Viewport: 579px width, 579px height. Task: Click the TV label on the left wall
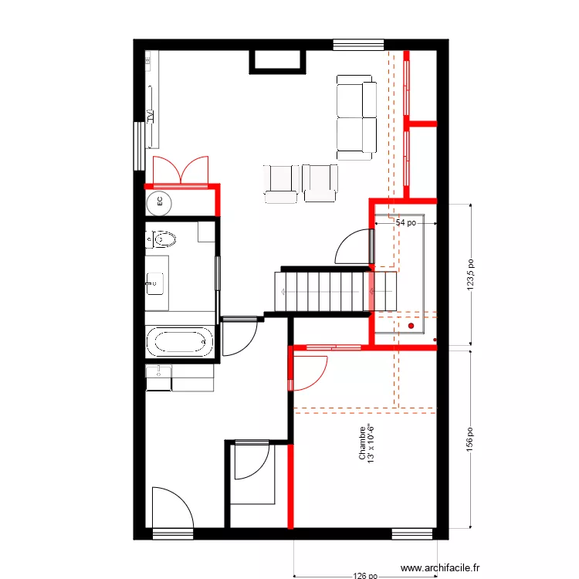(151, 117)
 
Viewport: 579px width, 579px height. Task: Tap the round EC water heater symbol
(160, 202)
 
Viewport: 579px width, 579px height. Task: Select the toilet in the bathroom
(161, 239)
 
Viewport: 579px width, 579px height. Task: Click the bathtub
(180, 340)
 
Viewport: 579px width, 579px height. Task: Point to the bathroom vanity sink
(154, 283)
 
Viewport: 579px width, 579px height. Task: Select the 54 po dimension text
(406, 222)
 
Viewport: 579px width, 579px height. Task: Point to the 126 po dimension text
(365, 575)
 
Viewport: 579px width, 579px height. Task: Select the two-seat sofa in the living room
(356, 117)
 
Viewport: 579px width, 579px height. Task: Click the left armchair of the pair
(280, 183)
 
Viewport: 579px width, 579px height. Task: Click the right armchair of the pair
(320, 183)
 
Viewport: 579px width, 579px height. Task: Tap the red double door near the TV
(180, 171)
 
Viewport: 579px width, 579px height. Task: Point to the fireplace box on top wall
(276, 60)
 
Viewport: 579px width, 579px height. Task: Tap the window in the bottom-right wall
(412, 533)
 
